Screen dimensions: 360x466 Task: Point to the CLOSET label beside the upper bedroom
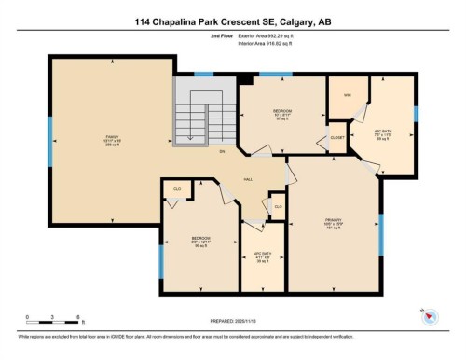(337, 138)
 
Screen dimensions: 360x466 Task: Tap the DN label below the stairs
(222, 151)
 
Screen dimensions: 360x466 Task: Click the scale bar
(53, 320)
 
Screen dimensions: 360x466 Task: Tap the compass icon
(430, 317)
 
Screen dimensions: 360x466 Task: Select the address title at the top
(232, 23)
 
